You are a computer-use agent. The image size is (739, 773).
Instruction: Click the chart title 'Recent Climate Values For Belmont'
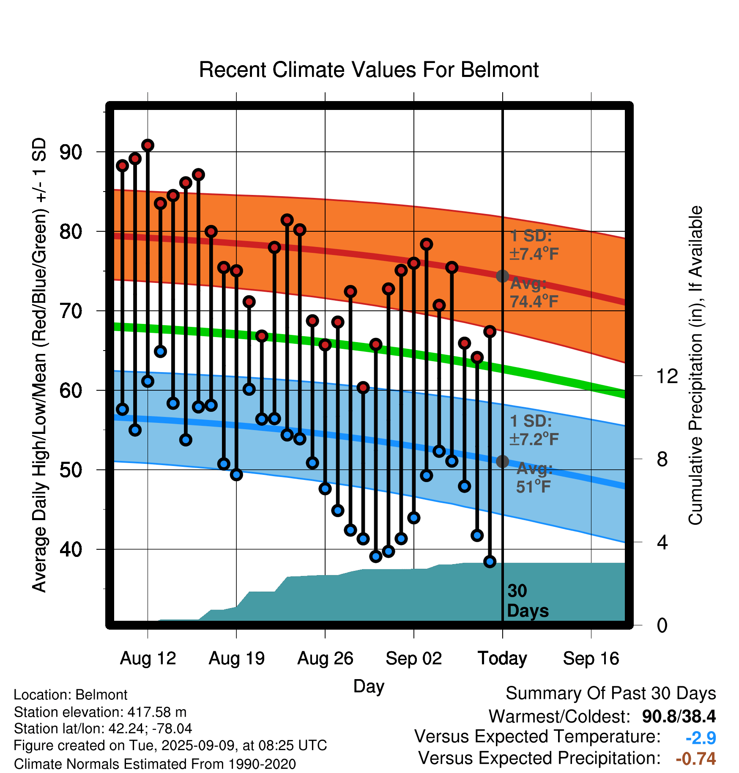pos(369,70)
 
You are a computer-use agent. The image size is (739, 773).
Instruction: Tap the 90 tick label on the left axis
pos(71,152)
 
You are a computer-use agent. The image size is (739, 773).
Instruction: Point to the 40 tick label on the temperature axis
pos(71,549)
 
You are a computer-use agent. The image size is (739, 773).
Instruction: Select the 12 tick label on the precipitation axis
pos(667,376)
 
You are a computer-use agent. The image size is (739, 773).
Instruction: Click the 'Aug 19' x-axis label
pos(237,658)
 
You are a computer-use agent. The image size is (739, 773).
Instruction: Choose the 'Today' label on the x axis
pos(502,658)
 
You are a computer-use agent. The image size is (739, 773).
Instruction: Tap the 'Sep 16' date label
pos(591,658)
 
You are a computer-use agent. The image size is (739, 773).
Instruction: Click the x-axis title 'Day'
pos(369,686)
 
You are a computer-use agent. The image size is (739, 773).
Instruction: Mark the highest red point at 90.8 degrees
pos(148,145)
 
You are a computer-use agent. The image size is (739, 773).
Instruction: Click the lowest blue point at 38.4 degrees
pos(490,562)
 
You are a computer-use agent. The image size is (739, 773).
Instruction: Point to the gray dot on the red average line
pos(502,276)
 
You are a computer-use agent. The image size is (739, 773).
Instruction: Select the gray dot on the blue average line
pos(502,461)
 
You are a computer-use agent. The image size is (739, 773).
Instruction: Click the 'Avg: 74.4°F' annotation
pos(534,292)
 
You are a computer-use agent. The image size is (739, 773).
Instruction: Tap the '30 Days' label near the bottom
pos(528,601)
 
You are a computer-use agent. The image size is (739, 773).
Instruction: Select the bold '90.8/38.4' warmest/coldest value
pos(679,716)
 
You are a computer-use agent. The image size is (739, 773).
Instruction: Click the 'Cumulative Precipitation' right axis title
pos(695,365)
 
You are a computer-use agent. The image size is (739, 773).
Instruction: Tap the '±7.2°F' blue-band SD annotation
pos(534,439)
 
